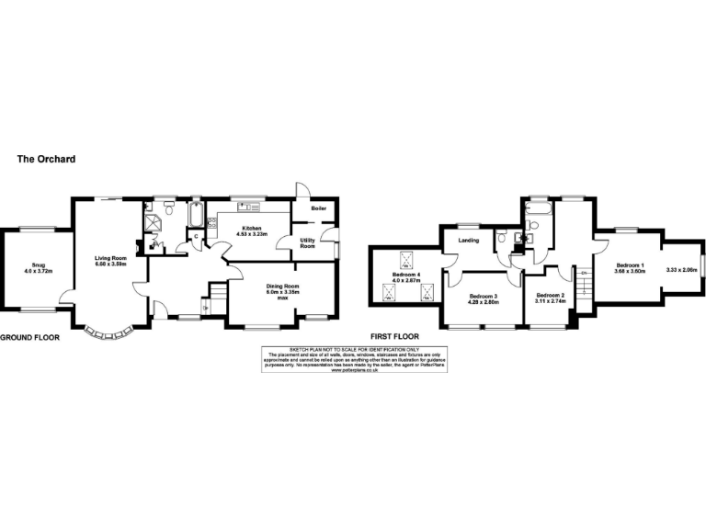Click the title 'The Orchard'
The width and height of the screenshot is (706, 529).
[46, 159]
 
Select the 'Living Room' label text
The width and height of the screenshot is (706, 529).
[109, 258]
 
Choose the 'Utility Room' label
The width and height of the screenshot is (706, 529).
[308, 242]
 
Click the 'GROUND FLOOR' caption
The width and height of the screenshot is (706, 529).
[29, 338]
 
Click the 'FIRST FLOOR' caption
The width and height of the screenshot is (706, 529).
[395, 338]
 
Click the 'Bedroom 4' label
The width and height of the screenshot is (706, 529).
[405, 275]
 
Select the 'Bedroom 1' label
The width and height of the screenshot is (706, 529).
[631, 264]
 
